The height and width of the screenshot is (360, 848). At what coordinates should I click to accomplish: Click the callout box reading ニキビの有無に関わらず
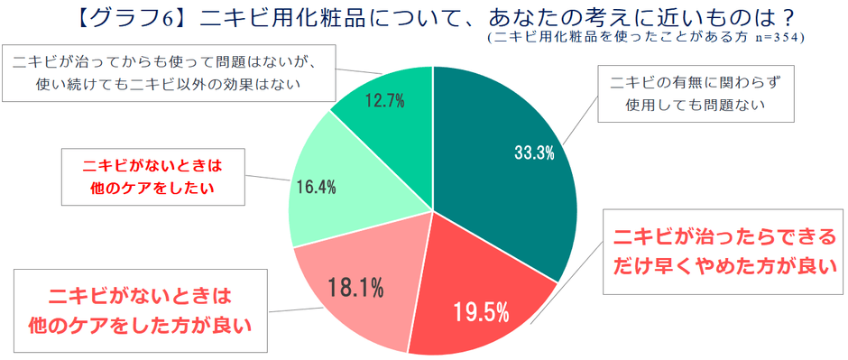[x=695, y=94]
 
